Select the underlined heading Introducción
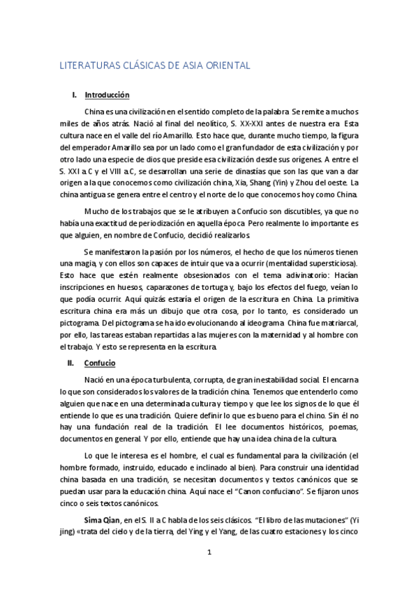(x=107, y=95)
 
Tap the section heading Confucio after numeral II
(x=100, y=364)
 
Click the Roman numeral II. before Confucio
(x=70, y=364)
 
